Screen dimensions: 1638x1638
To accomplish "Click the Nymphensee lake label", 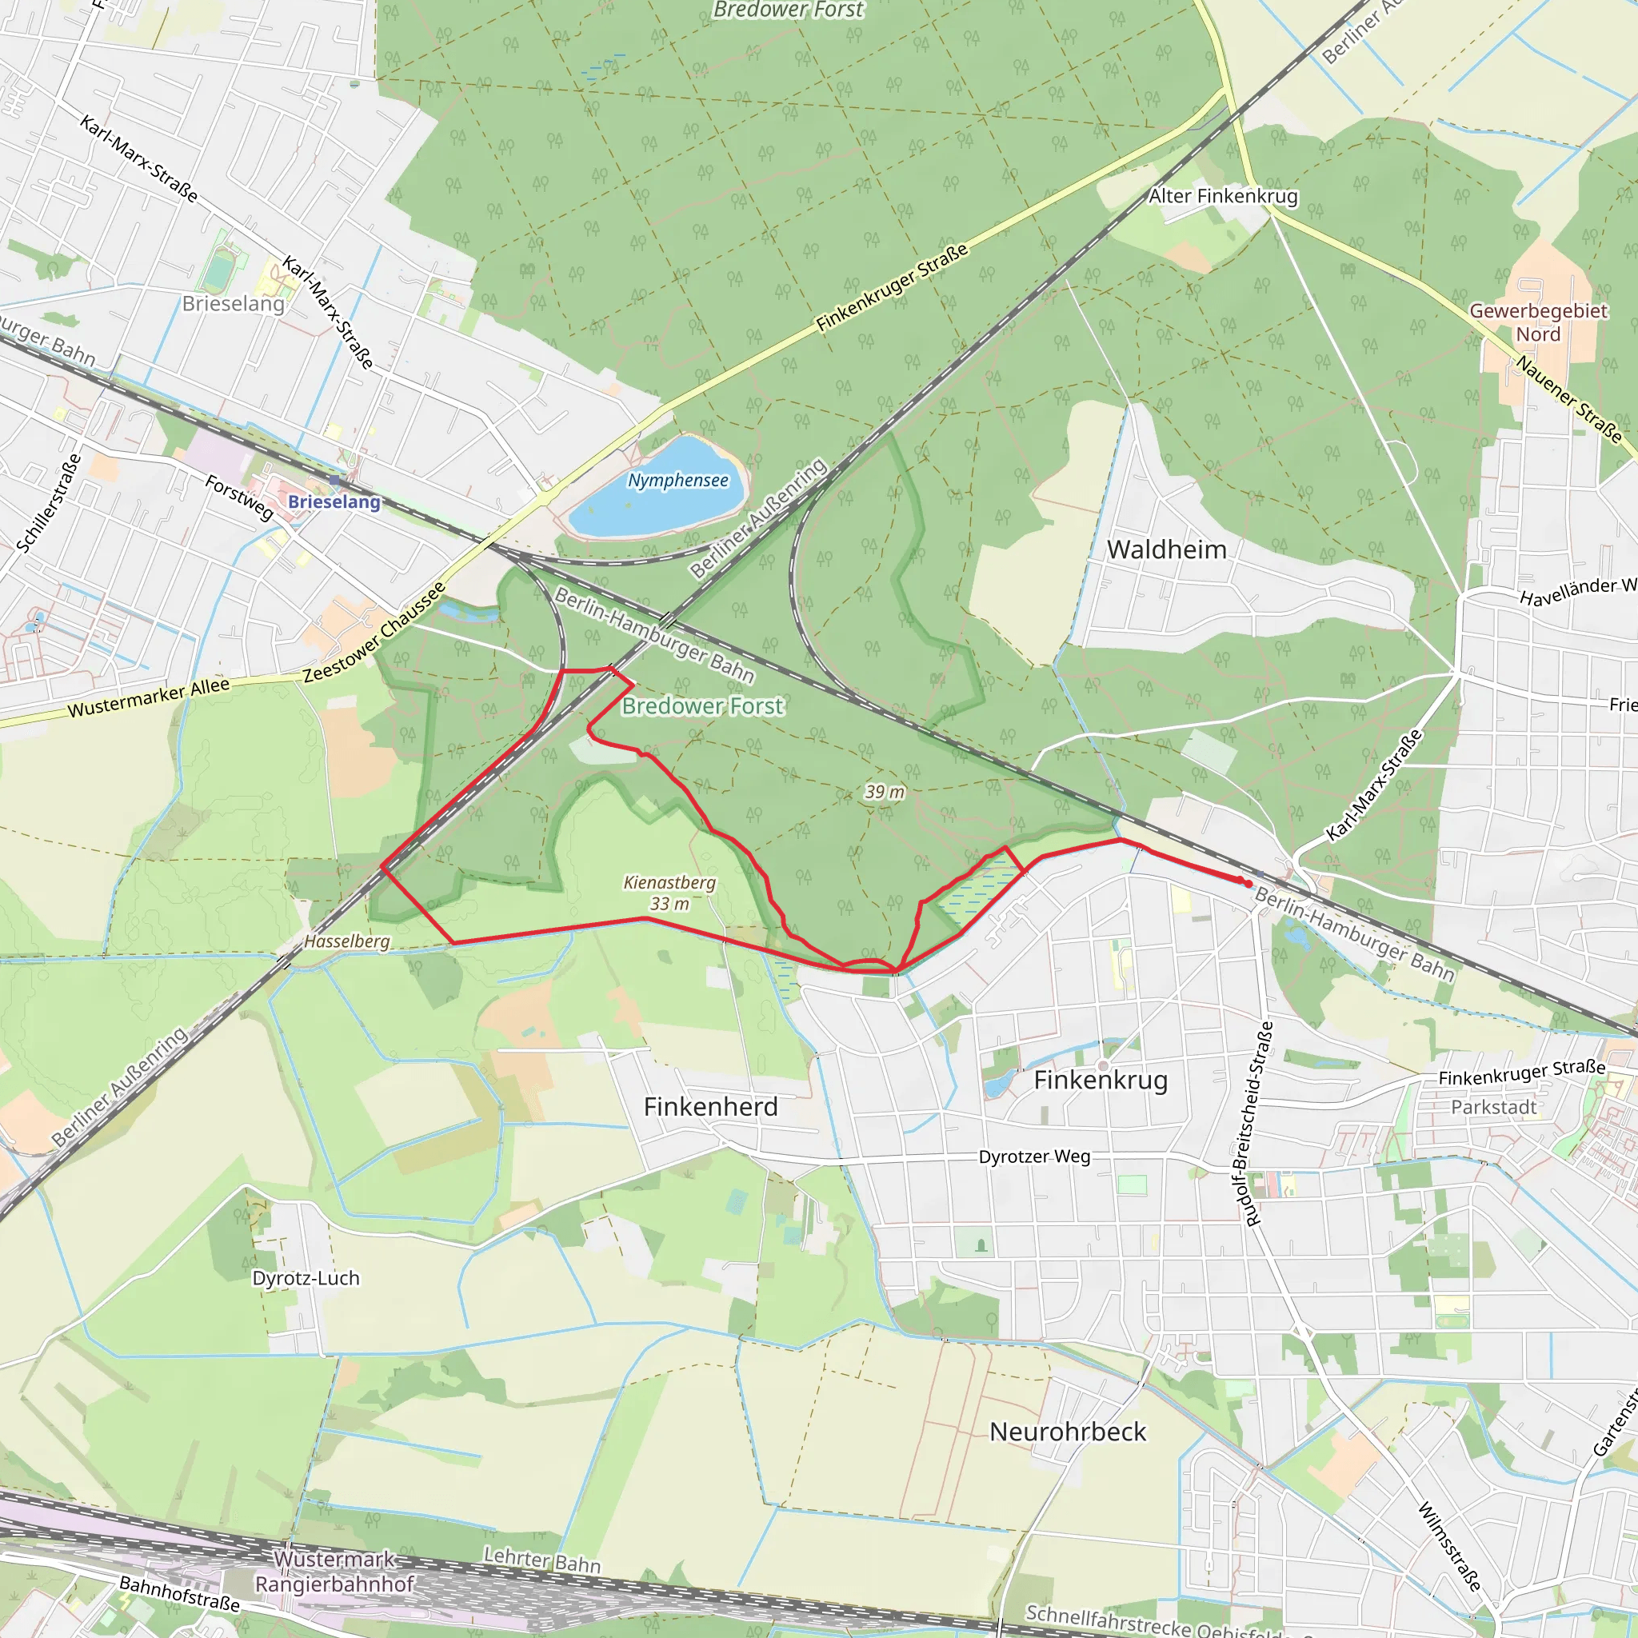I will pos(677,481).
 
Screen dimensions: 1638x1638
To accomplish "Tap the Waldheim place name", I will pos(1167,549).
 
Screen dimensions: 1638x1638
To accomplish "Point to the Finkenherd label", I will pos(710,1106).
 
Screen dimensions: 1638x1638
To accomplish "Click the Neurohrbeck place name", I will pos(1068,1432).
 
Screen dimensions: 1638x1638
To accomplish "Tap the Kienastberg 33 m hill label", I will pos(669,893).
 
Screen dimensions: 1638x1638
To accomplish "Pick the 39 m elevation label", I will pos(885,792).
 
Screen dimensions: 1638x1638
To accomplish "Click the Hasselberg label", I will pos(347,941).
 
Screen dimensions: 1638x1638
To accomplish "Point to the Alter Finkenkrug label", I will pos(1223,196).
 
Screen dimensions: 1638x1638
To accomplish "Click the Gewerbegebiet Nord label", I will pos(1538,322).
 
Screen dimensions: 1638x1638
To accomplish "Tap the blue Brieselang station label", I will pos(334,502).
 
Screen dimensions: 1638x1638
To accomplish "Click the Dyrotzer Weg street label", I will pos(1034,1157).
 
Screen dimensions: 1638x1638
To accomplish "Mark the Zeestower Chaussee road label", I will pos(374,633).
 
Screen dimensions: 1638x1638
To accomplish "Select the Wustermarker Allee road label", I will pos(149,697).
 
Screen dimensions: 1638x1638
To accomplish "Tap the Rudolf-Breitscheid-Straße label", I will pos(1253,1125).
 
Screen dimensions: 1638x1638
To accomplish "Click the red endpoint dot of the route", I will pos(1248,884).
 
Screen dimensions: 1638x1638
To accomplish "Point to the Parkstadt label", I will pos(1493,1107).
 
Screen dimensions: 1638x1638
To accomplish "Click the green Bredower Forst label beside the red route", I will pos(703,705).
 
